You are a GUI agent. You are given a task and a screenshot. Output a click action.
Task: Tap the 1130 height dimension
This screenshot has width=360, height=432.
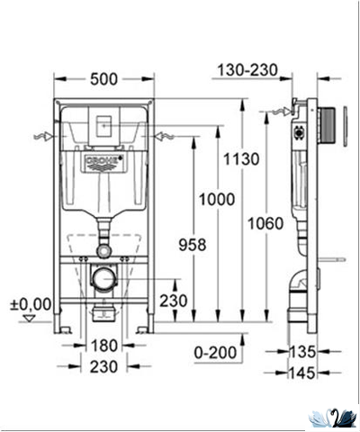click(x=244, y=159)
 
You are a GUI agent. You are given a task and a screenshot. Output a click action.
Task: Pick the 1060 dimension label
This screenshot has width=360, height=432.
click(x=268, y=222)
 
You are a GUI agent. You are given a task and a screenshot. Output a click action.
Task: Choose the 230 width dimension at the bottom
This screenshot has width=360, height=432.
click(x=104, y=367)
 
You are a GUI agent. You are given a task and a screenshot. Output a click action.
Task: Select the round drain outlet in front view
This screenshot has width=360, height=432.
click(x=103, y=278)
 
